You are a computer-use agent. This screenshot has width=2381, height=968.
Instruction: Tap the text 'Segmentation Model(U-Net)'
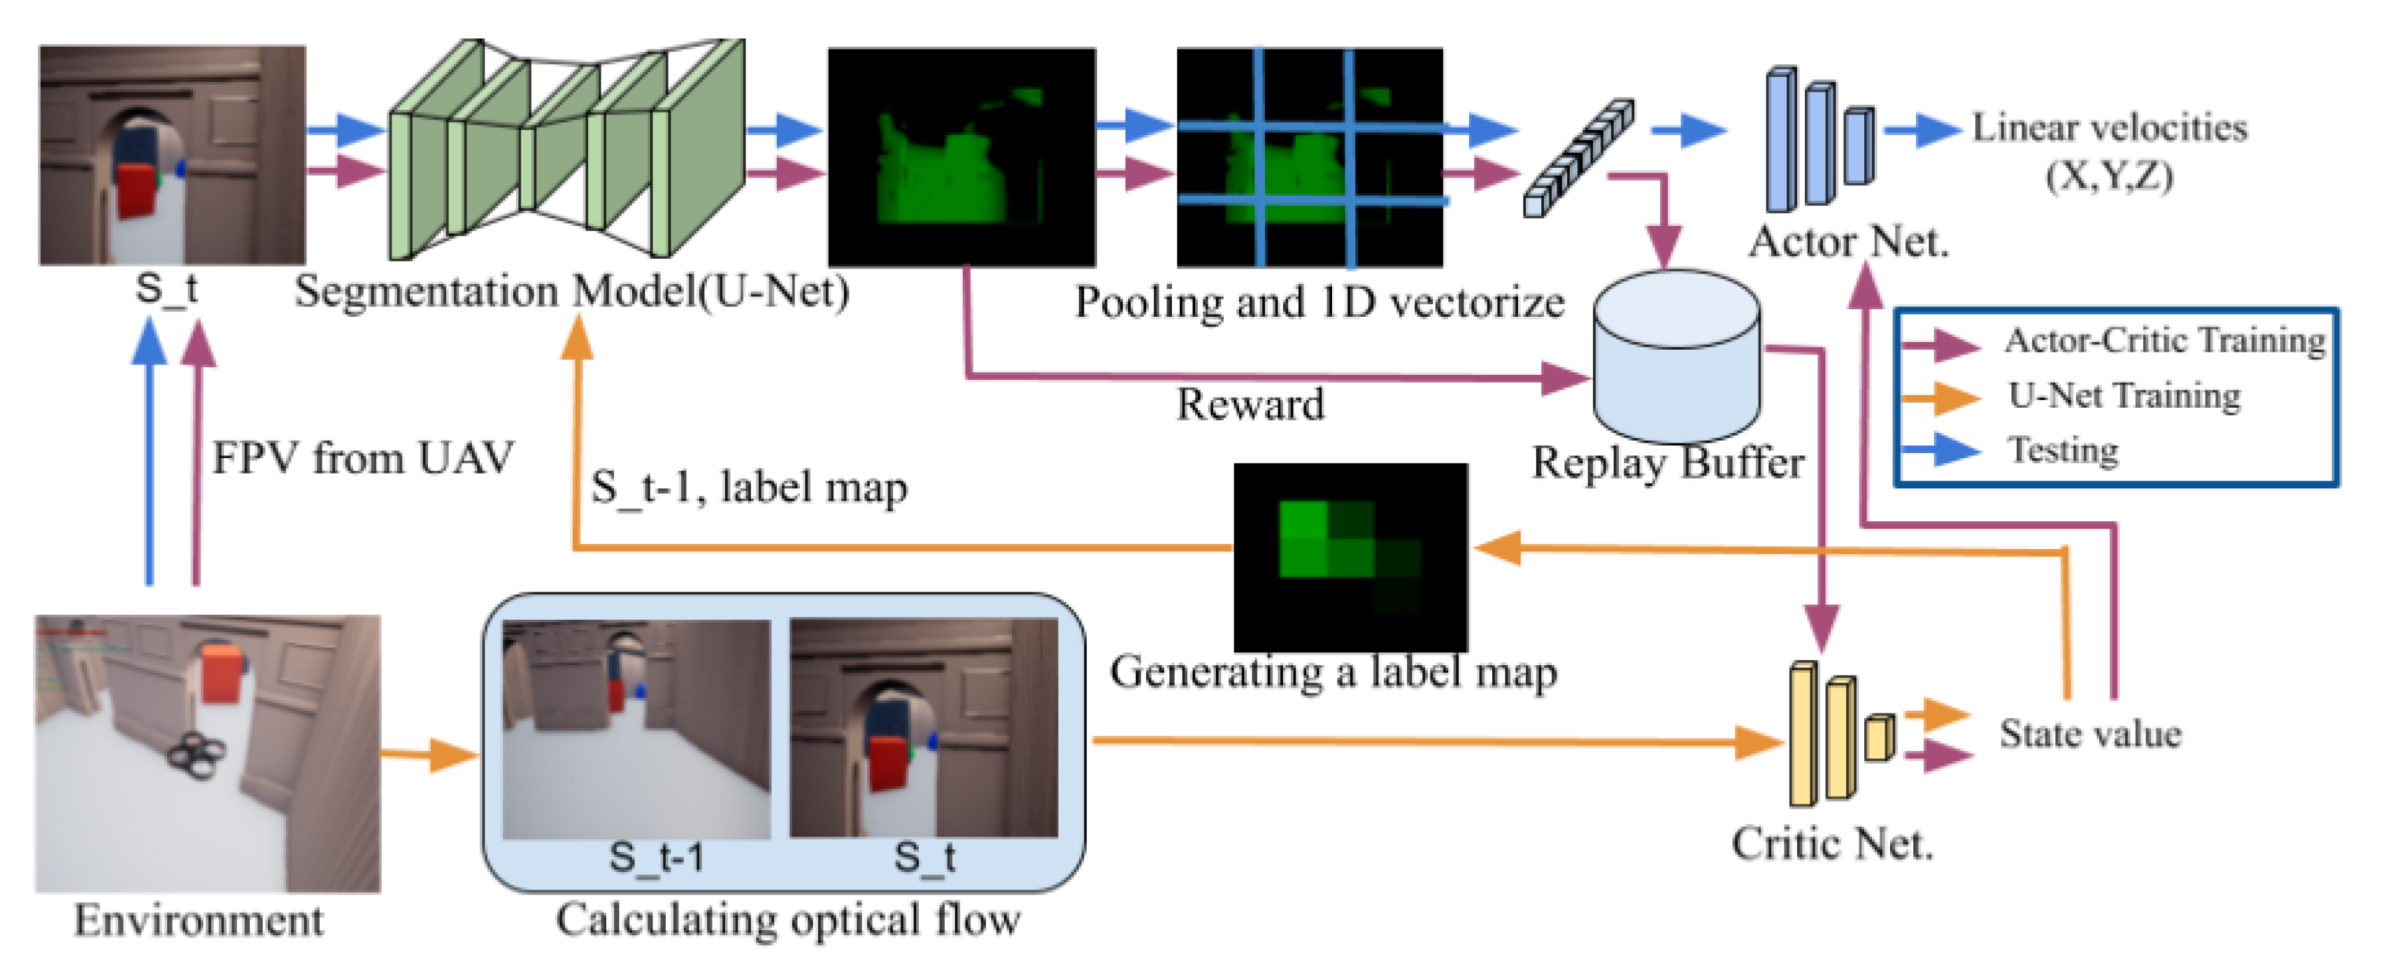pos(571,292)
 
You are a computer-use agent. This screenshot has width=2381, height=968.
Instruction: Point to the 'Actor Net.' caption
pos(1849,242)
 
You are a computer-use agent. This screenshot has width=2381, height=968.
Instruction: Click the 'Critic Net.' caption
pos(1832,844)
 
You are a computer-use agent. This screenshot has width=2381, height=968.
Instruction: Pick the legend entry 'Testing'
pos(2063,450)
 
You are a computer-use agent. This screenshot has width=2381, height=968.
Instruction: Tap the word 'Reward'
pos(1250,405)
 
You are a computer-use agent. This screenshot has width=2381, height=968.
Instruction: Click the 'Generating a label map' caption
pos(1333,672)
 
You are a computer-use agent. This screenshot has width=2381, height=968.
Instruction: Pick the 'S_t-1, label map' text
pos(749,487)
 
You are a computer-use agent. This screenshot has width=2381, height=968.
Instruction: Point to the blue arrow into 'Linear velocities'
pos(1922,129)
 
